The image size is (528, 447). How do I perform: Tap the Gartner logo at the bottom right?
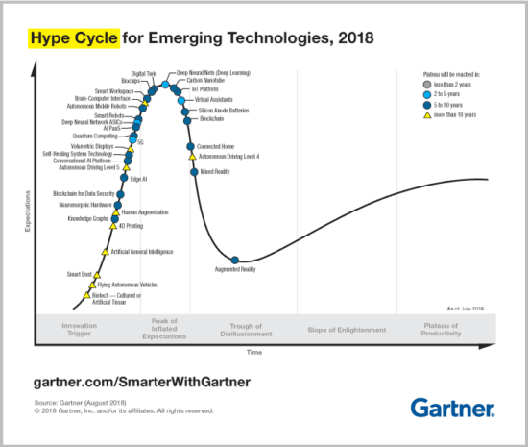[453, 409]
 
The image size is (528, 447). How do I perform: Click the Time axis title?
[253, 353]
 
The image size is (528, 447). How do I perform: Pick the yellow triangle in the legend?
[425, 114]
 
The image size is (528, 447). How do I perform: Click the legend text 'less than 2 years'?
[455, 85]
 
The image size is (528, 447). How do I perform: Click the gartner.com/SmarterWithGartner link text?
[142, 382]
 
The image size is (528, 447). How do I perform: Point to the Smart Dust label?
[79, 274]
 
